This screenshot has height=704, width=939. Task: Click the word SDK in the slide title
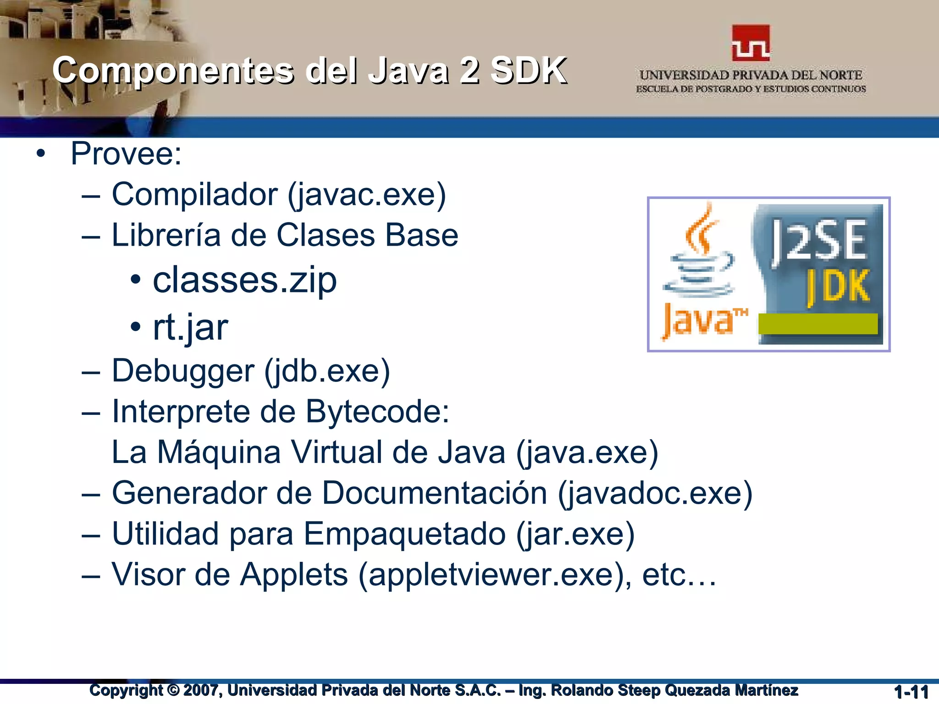click(528, 71)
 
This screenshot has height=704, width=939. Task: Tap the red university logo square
click(751, 43)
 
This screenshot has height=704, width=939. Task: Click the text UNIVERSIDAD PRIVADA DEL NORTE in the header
click(751, 75)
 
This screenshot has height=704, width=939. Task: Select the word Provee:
click(126, 154)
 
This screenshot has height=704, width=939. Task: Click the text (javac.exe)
click(367, 195)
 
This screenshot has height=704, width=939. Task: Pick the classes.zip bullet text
click(244, 280)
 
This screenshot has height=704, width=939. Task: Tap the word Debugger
click(182, 371)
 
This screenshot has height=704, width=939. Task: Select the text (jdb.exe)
click(327, 371)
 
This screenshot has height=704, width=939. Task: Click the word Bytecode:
click(377, 411)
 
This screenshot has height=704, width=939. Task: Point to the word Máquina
click(218, 452)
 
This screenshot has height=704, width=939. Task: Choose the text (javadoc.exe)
click(655, 493)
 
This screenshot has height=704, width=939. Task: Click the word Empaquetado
click(404, 534)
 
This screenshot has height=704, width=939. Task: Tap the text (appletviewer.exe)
click(494, 575)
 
